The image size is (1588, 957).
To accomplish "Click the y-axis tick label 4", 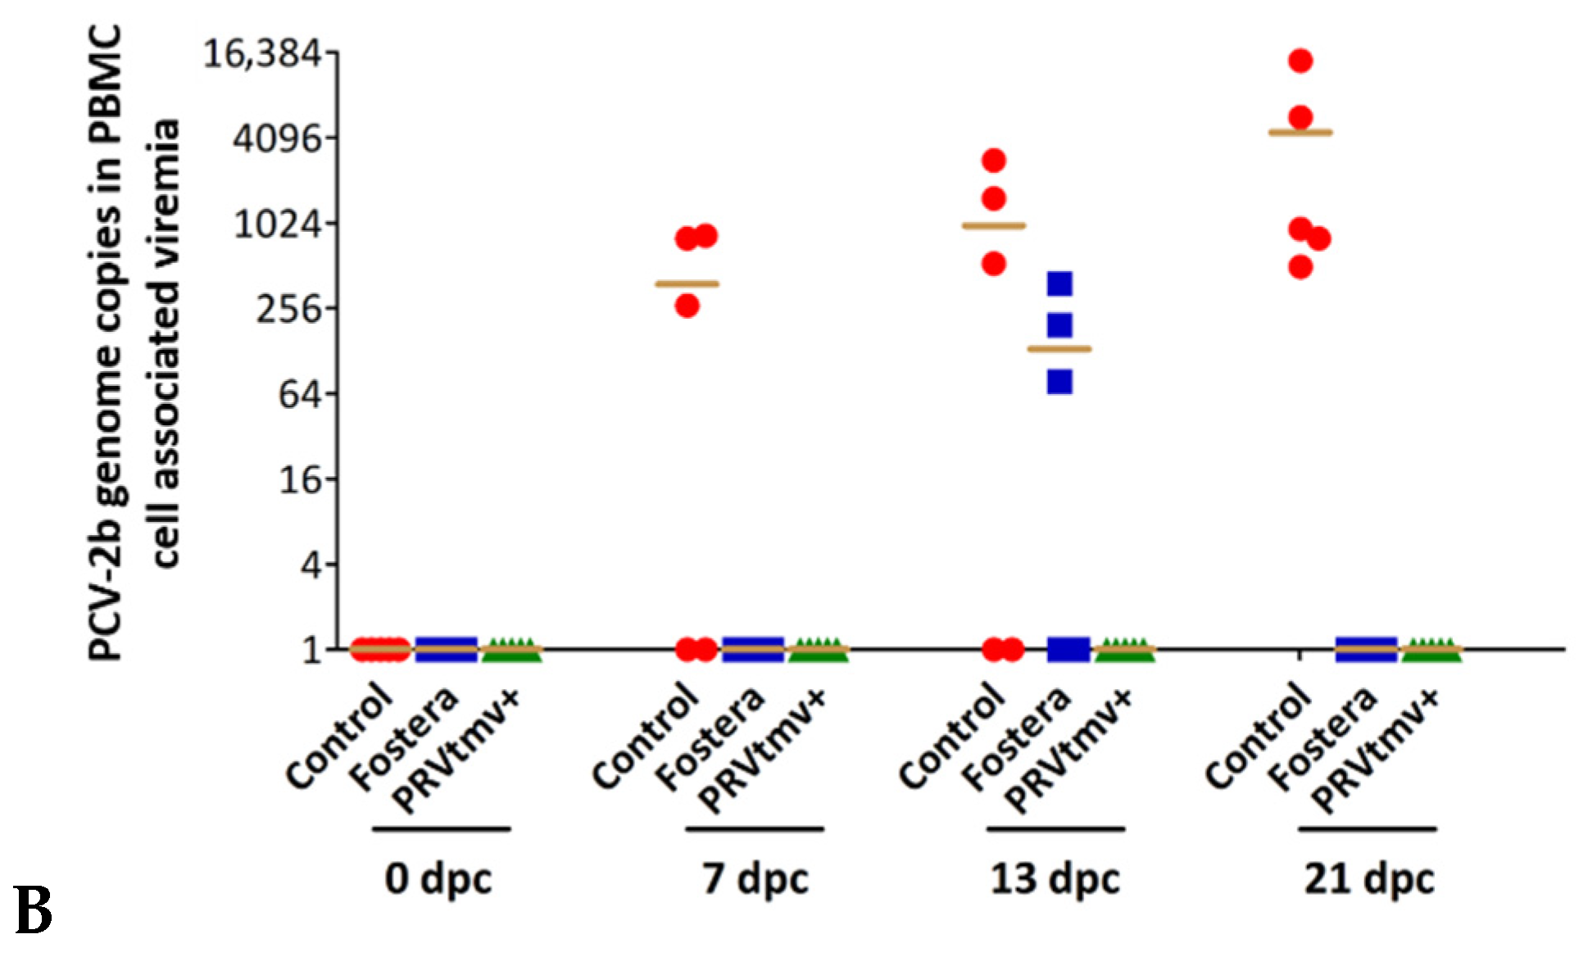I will point(311,565).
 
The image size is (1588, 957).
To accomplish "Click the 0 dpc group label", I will point(438,879).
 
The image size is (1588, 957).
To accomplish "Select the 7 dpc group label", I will point(755,879).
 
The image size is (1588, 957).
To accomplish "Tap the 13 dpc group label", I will point(1055,879).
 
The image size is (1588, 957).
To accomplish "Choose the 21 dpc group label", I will point(1368,879).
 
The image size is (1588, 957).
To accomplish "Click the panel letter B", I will point(33,911).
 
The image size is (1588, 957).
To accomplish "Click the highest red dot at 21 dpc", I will point(1300,61).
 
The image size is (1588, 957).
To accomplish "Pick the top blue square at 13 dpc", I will point(1059,284).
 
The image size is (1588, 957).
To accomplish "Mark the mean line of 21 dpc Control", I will point(1300,132).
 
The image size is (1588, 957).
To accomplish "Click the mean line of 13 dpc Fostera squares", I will point(1059,349).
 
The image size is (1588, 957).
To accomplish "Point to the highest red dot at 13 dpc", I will point(994,161).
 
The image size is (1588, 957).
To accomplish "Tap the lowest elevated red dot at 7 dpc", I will point(687,306).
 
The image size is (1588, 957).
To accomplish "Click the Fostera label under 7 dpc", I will point(711,740).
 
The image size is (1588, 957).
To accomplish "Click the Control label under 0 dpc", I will point(338,735).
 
